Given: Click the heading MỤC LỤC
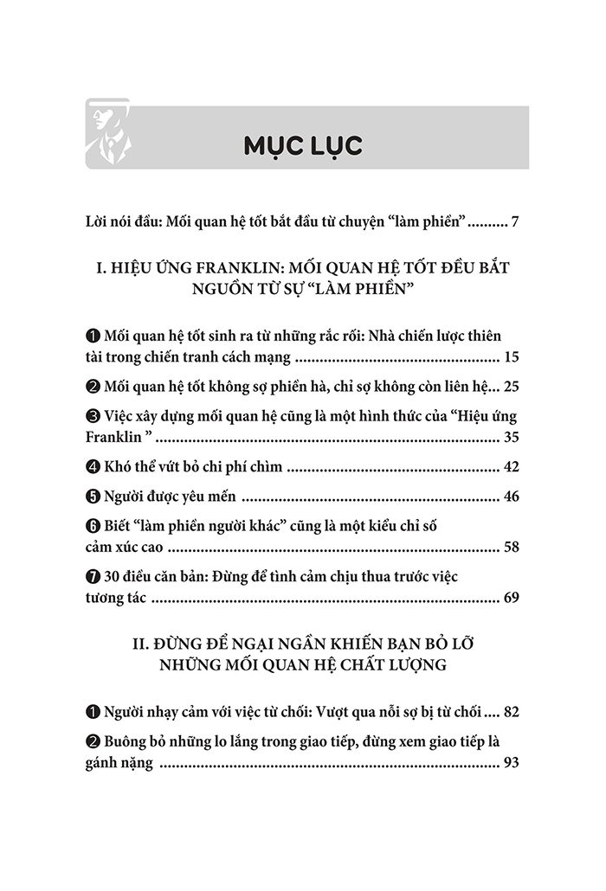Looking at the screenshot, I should tap(302, 145).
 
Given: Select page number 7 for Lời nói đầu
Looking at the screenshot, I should tap(514, 223).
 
